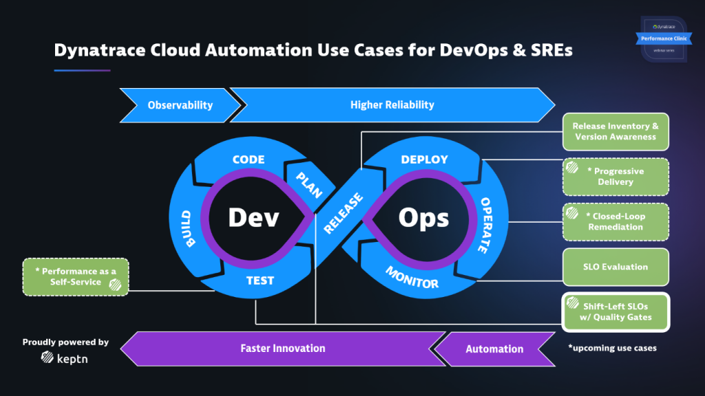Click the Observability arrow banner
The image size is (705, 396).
180,105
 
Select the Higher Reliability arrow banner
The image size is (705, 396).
392,105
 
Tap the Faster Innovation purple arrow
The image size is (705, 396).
282,348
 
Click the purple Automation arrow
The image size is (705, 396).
494,349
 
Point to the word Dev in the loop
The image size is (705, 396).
253,218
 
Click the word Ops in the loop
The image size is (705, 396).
423,218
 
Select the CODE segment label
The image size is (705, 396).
249,159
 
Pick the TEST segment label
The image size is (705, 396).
260,280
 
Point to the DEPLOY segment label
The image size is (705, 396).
424,159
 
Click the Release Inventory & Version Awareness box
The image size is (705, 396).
615,131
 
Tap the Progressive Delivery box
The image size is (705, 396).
615,177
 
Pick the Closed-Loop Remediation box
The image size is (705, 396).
615,221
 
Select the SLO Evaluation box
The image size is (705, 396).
615,267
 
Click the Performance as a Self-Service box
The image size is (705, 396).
75,277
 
